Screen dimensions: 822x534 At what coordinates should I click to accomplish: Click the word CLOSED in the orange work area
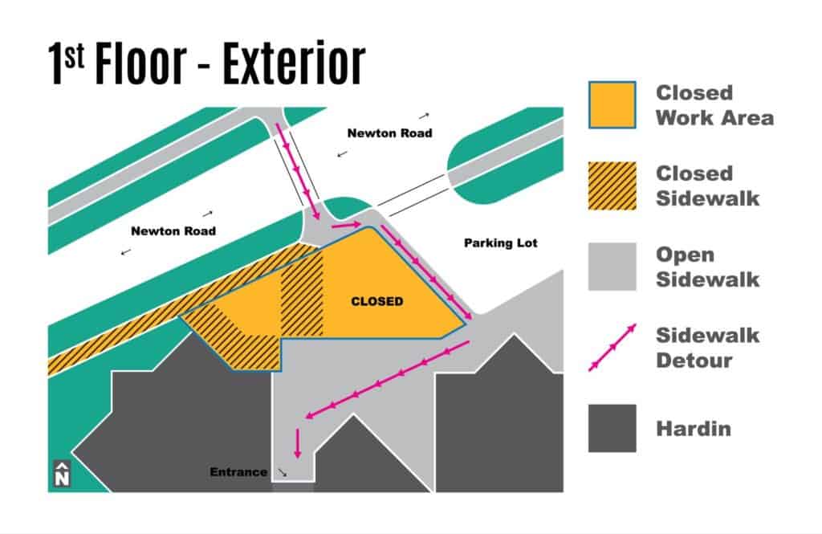click(x=377, y=302)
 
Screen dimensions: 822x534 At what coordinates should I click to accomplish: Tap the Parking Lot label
click(x=501, y=243)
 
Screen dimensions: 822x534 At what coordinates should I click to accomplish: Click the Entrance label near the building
click(x=238, y=472)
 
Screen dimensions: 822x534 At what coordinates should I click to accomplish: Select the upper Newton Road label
click(x=389, y=133)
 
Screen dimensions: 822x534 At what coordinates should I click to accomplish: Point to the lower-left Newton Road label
click(x=173, y=230)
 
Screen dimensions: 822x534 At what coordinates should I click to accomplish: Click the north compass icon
click(x=62, y=473)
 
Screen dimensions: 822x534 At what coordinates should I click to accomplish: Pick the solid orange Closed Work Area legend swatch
click(x=612, y=105)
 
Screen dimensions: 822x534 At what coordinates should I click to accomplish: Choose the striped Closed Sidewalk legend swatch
click(x=612, y=185)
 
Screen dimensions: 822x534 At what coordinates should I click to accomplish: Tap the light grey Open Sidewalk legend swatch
click(x=612, y=267)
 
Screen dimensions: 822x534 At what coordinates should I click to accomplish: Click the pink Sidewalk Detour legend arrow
click(x=612, y=347)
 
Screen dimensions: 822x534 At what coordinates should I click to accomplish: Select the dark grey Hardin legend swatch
click(x=612, y=428)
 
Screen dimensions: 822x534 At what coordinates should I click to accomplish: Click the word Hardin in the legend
click(x=693, y=429)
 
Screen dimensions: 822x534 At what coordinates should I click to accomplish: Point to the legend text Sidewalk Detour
click(x=707, y=348)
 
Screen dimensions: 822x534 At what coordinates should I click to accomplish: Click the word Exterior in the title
click(x=294, y=63)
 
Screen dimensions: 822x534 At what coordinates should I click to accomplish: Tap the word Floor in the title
click(x=140, y=63)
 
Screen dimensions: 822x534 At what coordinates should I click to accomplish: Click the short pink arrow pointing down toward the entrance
click(x=298, y=443)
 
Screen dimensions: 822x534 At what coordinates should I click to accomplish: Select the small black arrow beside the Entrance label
click(x=282, y=473)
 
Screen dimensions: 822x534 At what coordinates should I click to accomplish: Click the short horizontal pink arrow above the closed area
click(x=347, y=226)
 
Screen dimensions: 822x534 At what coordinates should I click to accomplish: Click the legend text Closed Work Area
click(x=714, y=105)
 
